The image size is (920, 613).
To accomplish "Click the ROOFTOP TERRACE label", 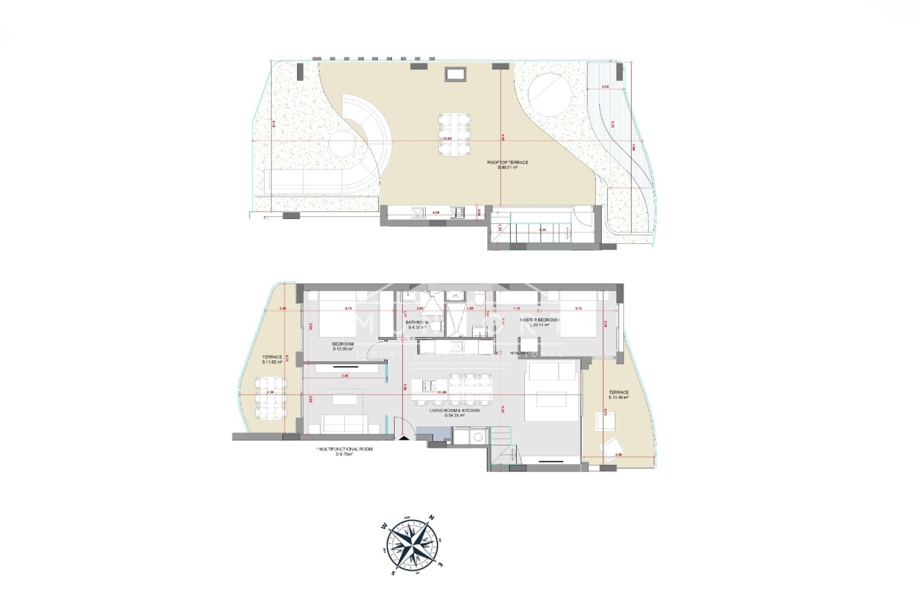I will pos(507,165).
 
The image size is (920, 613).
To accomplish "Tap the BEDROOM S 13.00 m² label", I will pos(343,346).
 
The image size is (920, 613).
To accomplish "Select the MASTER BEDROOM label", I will pos(539,322).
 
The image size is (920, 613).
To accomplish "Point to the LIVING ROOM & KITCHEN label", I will pos(454,413).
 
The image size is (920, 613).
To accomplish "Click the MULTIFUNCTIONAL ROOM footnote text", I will pos(345,451).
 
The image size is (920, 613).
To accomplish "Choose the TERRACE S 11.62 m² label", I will pos(272,359).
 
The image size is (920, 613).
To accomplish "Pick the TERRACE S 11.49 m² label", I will pos(619,395).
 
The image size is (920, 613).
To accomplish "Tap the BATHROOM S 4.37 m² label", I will pos(417,325).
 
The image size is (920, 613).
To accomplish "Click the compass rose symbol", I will pos(412,545).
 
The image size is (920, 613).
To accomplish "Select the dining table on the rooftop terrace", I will pos(454,134).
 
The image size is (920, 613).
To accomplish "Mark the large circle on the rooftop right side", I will pos(550,95).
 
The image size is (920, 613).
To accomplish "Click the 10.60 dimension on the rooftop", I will pos(447,139).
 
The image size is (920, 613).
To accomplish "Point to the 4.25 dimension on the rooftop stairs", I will pos(542,230).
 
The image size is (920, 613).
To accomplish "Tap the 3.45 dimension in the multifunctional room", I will pos(345,376).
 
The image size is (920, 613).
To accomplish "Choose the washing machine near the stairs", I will pos(477,436).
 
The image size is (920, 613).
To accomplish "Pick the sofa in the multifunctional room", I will pos(344,424).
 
